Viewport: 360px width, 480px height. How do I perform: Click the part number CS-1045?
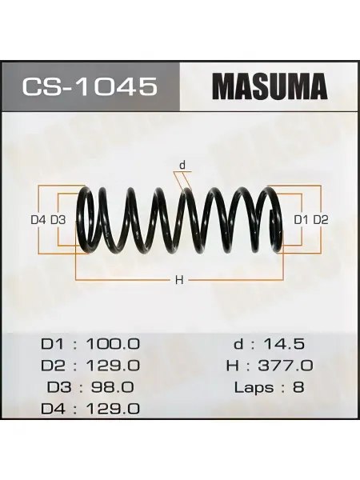pyautogui.click(x=89, y=86)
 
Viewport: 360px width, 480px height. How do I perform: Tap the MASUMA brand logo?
pyautogui.click(x=270, y=86)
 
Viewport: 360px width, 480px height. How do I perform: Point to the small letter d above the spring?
pyautogui.click(x=182, y=166)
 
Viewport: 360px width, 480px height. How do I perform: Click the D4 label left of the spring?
pyautogui.click(x=38, y=219)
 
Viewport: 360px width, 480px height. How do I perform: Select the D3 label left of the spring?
pyautogui.click(x=58, y=219)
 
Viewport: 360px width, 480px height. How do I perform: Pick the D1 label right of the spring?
pyautogui.click(x=302, y=219)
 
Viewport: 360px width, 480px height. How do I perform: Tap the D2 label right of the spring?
pyautogui.click(x=321, y=219)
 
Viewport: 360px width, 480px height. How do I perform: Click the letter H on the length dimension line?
pyautogui.click(x=179, y=280)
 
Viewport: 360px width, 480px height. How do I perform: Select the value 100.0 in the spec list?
pyautogui.click(x=113, y=344)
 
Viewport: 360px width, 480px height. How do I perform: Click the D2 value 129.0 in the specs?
pyautogui.click(x=113, y=366)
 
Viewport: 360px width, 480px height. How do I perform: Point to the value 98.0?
pyautogui.click(x=112, y=387)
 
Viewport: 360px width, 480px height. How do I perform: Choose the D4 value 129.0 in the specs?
pyautogui.click(x=113, y=409)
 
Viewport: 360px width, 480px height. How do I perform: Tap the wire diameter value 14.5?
pyautogui.click(x=284, y=344)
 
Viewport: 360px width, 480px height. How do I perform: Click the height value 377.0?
pyautogui.click(x=286, y=366)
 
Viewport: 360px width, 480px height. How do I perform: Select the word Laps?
pyautogui.click(x=254, y=388)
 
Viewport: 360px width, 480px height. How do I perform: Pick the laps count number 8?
pyautogui.click(x=298, y=387)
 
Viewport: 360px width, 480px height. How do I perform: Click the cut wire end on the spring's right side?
pyautogui.click(x=273, y=214)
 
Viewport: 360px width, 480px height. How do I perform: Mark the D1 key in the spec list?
pyautogui.click(x=52, y=344)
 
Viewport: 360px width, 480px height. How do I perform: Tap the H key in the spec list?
pyautogui.click(x=232, y=366)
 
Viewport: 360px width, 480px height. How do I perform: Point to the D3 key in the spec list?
pyautogui.click(x=58, y=387)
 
